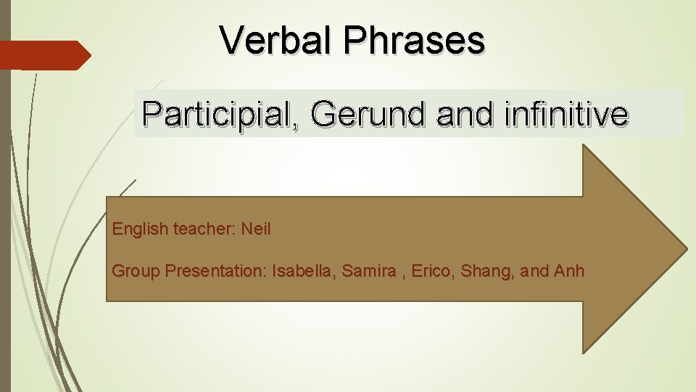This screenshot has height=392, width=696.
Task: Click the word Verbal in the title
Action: click(x=276, y=40)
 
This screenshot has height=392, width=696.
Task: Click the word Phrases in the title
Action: click(x=415, y=40)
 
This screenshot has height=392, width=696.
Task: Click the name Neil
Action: click(x=256, y=229)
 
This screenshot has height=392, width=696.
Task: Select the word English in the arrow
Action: click(x=139, y=229)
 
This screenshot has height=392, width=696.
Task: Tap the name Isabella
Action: click(x=303, y=271)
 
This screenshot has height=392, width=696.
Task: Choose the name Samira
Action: click(x=370, y=271)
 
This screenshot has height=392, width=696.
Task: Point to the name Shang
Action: click(x=492, y=272)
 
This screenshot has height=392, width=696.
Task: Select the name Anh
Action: click(x=569, y=271)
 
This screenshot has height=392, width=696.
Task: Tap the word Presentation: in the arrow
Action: click(x=216, y=271)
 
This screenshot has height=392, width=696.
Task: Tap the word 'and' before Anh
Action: click(x=535, y=271)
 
